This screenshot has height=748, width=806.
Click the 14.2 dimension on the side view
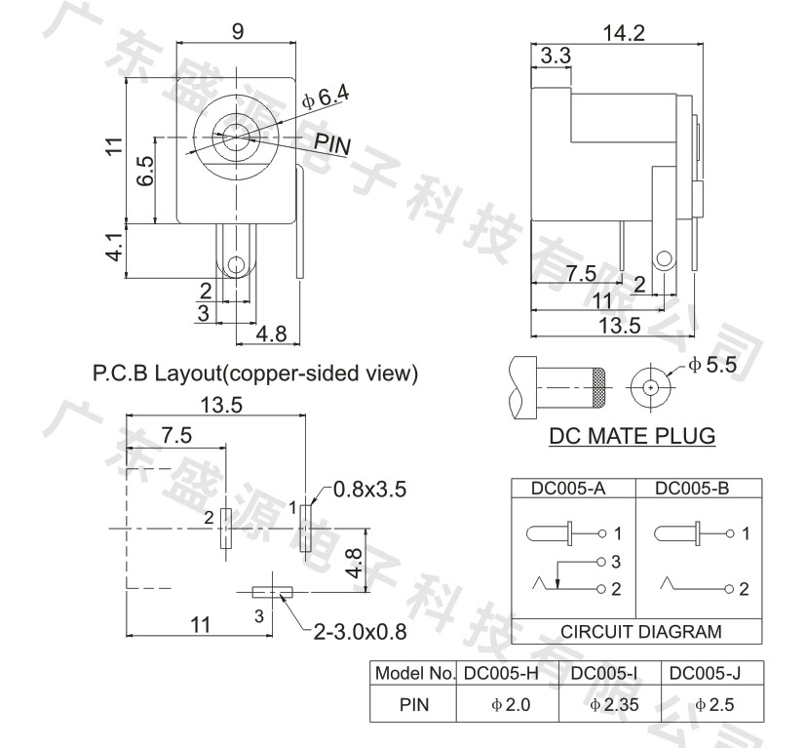coord(623,33)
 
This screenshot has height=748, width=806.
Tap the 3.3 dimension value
coord(556,56)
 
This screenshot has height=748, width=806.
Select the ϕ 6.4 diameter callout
coord(326,97)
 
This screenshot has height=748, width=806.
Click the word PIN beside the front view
coord(332,143)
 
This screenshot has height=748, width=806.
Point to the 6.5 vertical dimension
coord(145,171)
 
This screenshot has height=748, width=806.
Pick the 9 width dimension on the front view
coord(238,32)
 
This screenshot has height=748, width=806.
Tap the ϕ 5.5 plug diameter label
coord(712,366)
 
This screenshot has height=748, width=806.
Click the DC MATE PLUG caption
coord(633,436)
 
